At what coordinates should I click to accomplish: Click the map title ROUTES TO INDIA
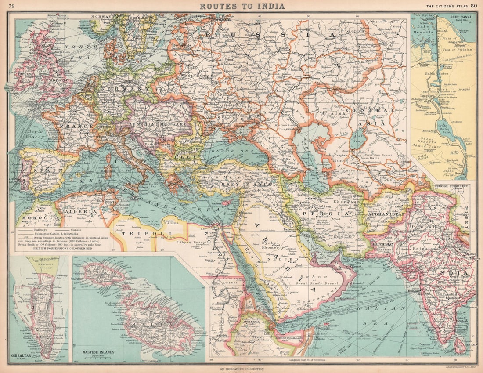242,6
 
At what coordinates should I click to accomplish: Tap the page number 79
11,6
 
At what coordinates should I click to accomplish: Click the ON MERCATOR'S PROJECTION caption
241,369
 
